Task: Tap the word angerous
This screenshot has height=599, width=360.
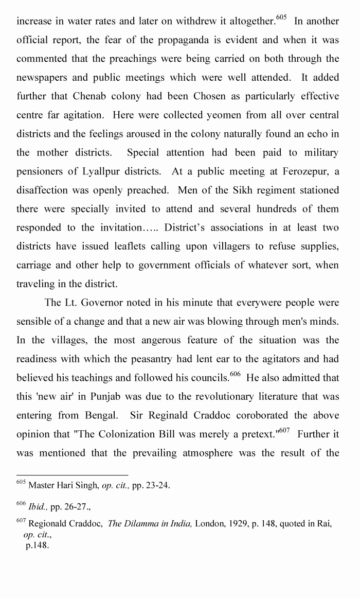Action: [x=172, y=340]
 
